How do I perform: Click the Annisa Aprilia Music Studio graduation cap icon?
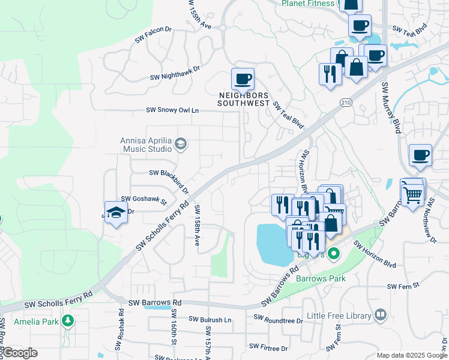coord(181,143)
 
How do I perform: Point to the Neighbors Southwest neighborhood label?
coord(243,99)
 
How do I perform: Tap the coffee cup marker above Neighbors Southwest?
coord(243,79)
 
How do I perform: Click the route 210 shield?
coord(345,103)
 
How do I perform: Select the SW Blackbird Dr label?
coord(169,179)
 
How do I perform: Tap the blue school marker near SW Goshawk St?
coord(116,212)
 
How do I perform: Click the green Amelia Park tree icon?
coord(68,321)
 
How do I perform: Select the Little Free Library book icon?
coord(380,314)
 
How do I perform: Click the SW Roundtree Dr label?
coord(278,319)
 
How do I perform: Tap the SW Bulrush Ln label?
coord(210,320)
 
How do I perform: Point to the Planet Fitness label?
coord(308,4)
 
